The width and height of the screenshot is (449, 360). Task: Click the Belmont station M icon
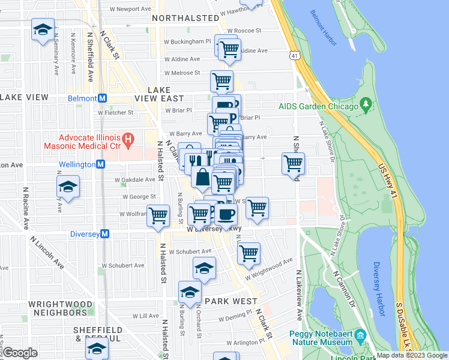(x=103, y=98)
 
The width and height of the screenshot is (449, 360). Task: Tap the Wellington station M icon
(x=101, y=164)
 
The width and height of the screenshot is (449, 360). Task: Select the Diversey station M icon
(x=104, y=234)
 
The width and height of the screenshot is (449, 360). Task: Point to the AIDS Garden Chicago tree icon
(x=366, y=106)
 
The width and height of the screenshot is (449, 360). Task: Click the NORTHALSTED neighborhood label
(x=185, y=19)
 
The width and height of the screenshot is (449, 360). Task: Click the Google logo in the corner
(x=20, y=353)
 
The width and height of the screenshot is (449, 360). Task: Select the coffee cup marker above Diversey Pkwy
(x=226, y=215)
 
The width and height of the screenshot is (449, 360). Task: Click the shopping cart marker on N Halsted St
(x=158, y=215)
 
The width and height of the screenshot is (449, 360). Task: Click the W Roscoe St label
(x=243, y=30)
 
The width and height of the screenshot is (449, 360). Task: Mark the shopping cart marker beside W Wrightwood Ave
(x=248, y=253)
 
